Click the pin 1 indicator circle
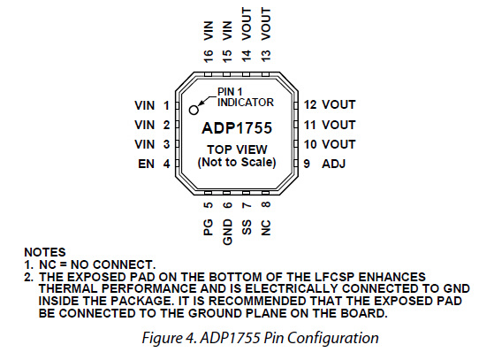pyautogui.click(x=194, y=110)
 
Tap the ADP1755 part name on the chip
pyautogui.click(x=237, y=128)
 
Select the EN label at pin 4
pyautogui.click(x=147, y=164)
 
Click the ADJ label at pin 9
pyautogui.click(x=333, y=164)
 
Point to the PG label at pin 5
pyautogui.click(x=208, y=227)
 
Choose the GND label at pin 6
pyautogui.click(x=228, y=232)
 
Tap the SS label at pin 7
pyautogui.click(x=247, y=227)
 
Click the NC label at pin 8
pyautogui.click(x=266, y=227)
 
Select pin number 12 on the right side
pyautogui.click(x=310, y=104)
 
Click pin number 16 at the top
pyautogui.click(x=208, y=57)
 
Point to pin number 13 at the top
pyautogui.click(x=266, y=56)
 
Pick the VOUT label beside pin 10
pyautogui.click(x=338, y=144)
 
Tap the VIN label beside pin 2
pyautogui.click(x=144, y=125)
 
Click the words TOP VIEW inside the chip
pyautogui.click(x=237, y=149)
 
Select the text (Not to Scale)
pyautogui.click(x=237, y=162)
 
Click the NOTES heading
pyautogui.click(x=45, y=252)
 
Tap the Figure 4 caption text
pyautogui.click(x=261, y=338)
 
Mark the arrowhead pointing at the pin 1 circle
pyautogui.click(x=201, y=103)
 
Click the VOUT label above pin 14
pyautogui.click(x=247, y=24)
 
